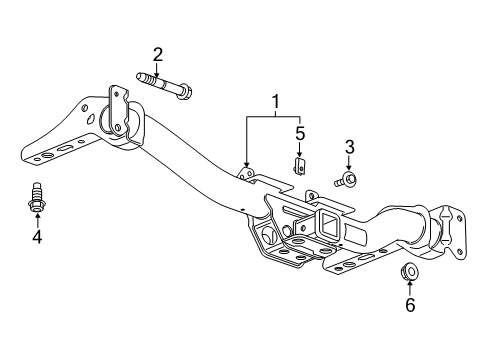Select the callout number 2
[158, 53]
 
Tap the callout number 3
[349, 148]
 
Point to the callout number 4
[37, 237]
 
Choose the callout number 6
[409, 305]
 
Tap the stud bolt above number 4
[37, 200]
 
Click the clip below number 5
[298, 163]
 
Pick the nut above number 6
[409, 270]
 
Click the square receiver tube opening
[327, 221]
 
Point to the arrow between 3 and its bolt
[349, 164]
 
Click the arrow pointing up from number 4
[37, 220]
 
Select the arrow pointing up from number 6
[409, 289]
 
